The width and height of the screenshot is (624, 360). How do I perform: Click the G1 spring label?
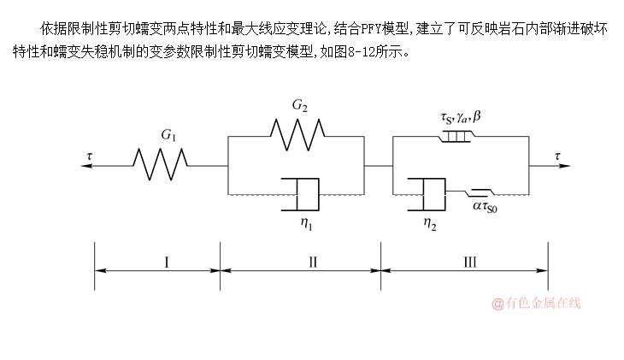[168, 135]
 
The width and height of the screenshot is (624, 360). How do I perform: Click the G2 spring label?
[299, 107]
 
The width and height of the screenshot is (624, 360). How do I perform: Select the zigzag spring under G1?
[161, 162]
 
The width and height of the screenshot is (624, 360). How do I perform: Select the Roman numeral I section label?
[167, 263]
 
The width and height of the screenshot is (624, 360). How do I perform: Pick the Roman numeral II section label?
[312, 263]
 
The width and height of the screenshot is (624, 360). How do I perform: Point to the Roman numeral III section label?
[469, 263]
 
